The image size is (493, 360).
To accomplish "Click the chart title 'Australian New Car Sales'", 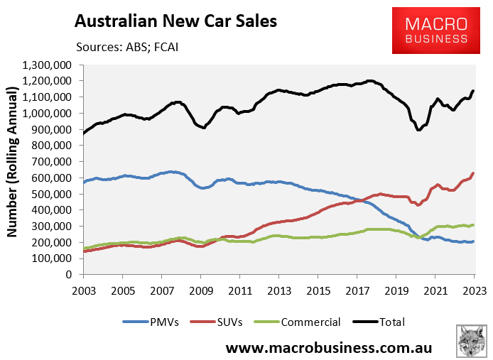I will tap(175, 21).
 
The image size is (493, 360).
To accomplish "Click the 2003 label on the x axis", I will tap(83, 290).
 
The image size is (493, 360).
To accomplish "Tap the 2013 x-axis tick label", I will tap(278, 290).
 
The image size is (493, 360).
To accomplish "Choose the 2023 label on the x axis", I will tap(474, 290).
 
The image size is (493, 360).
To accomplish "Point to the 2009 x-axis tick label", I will tap(200, 290).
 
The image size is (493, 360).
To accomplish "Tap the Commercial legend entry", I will tap(306, 322).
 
